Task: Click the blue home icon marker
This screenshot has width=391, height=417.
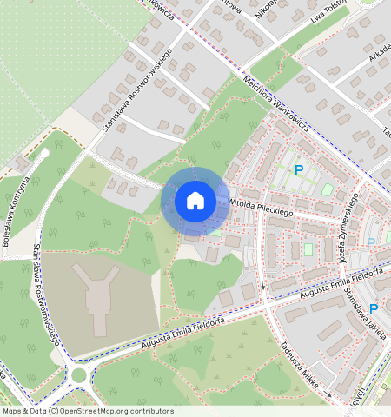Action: [195, 201]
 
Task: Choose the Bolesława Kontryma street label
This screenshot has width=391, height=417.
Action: [18, 213]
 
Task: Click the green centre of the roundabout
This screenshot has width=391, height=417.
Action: [80, 375]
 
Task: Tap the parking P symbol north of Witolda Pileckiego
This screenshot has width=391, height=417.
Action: [299, 170]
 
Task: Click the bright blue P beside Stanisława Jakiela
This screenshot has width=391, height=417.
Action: [374, 309]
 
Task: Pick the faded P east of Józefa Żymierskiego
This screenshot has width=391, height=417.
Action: [372, 243]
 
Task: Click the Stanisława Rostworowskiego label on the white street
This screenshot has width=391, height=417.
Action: [136, 90]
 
